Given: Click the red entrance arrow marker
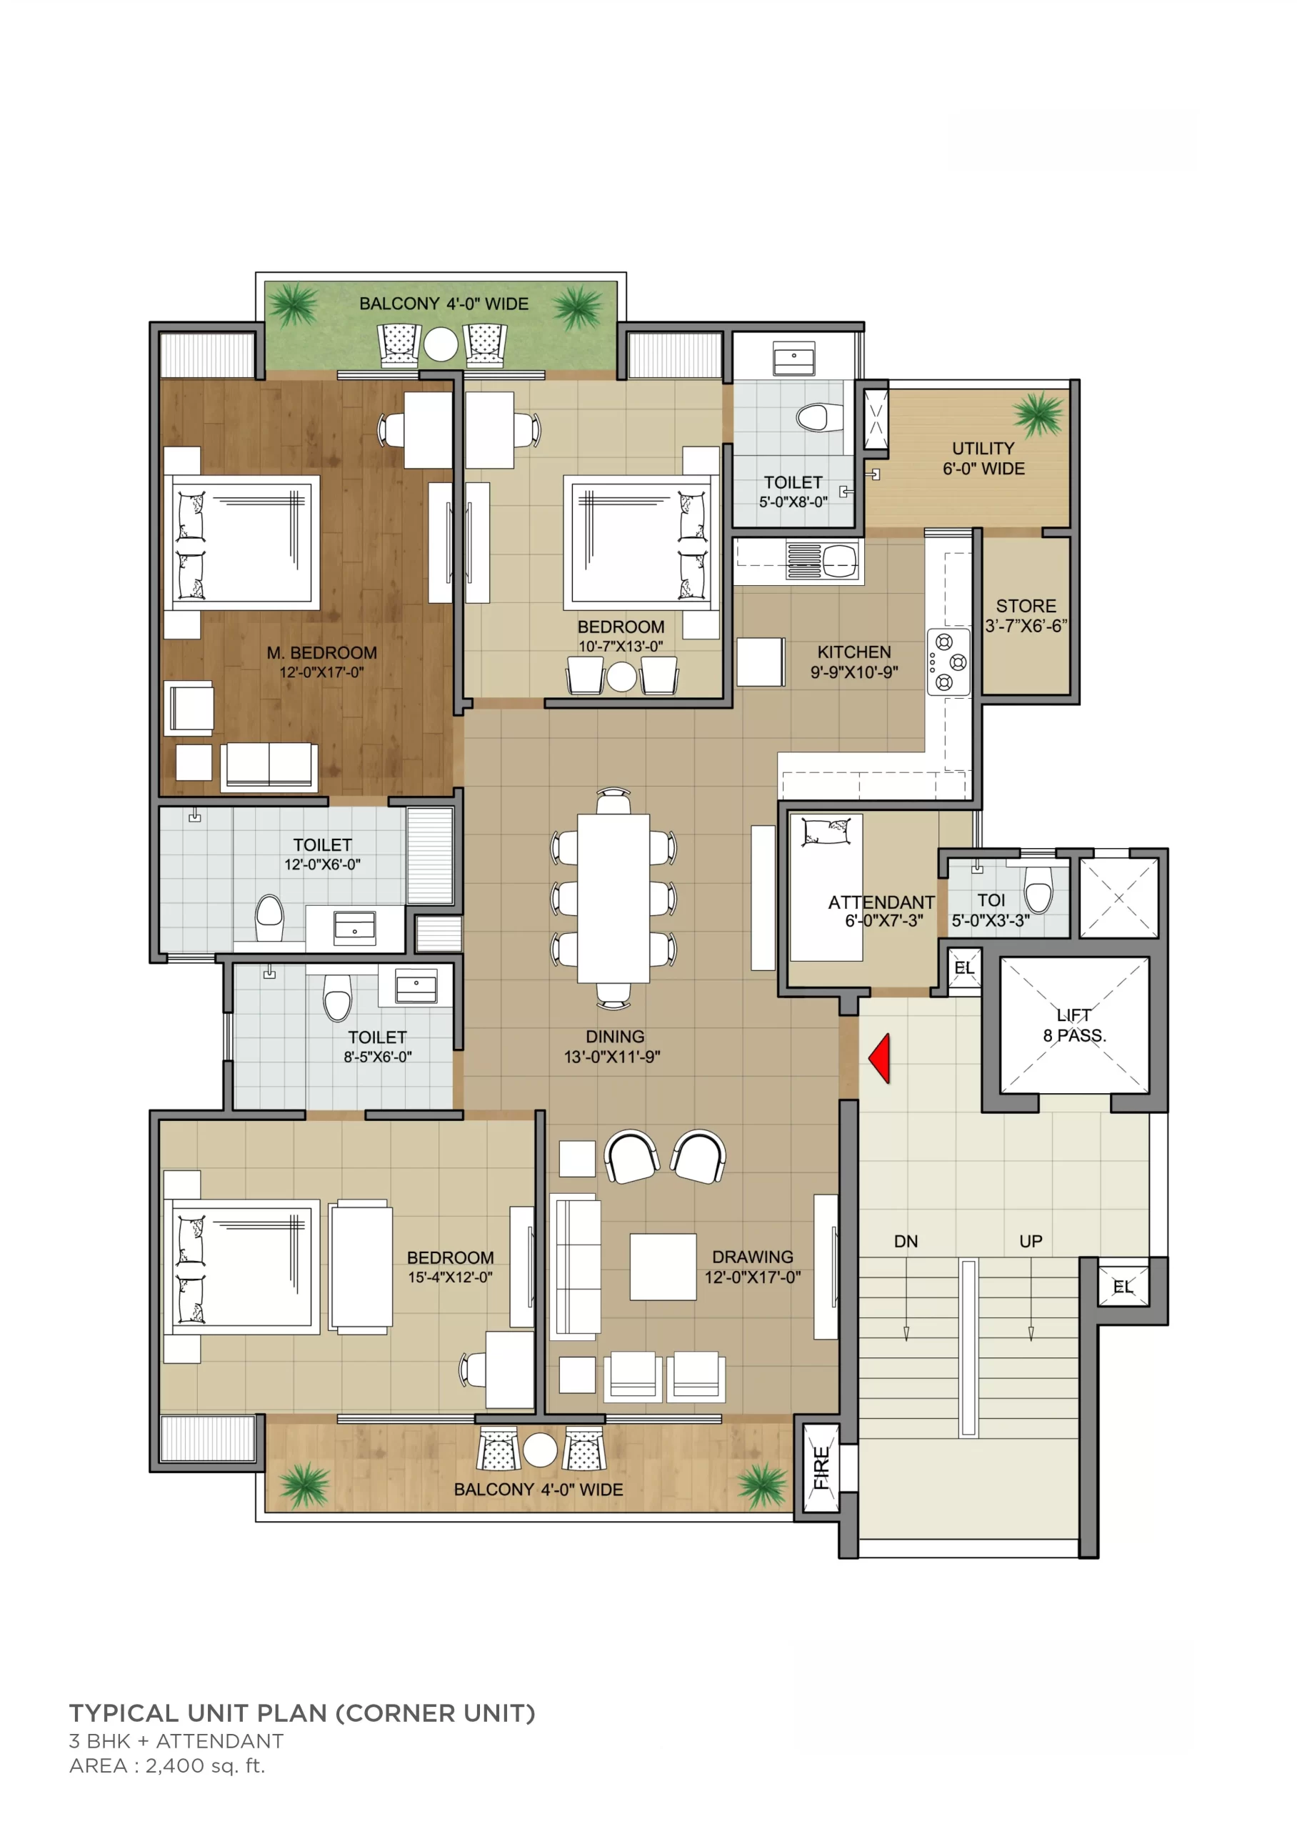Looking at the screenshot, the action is point(880,1058).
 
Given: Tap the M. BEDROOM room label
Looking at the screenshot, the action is point(322,652).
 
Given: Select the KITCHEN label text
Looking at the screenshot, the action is point(853,652).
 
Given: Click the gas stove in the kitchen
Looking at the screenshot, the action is point(948,662).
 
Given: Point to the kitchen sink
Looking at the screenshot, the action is point(822,559).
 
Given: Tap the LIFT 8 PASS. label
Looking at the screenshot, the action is point(1074,1025).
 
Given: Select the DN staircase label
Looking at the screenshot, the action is point(906,1241).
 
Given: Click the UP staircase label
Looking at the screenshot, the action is point(1031,1241).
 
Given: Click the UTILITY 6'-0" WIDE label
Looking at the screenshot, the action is point(983,459).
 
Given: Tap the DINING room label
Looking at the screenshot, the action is point(614,1036).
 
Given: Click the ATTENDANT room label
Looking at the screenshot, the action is point(881,902).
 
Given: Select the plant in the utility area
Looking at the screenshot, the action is point(1038,414).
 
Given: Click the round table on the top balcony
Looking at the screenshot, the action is point(441,345).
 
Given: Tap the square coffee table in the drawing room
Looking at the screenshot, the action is point(663,1267).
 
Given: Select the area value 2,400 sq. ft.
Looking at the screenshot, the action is point(204,1766).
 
